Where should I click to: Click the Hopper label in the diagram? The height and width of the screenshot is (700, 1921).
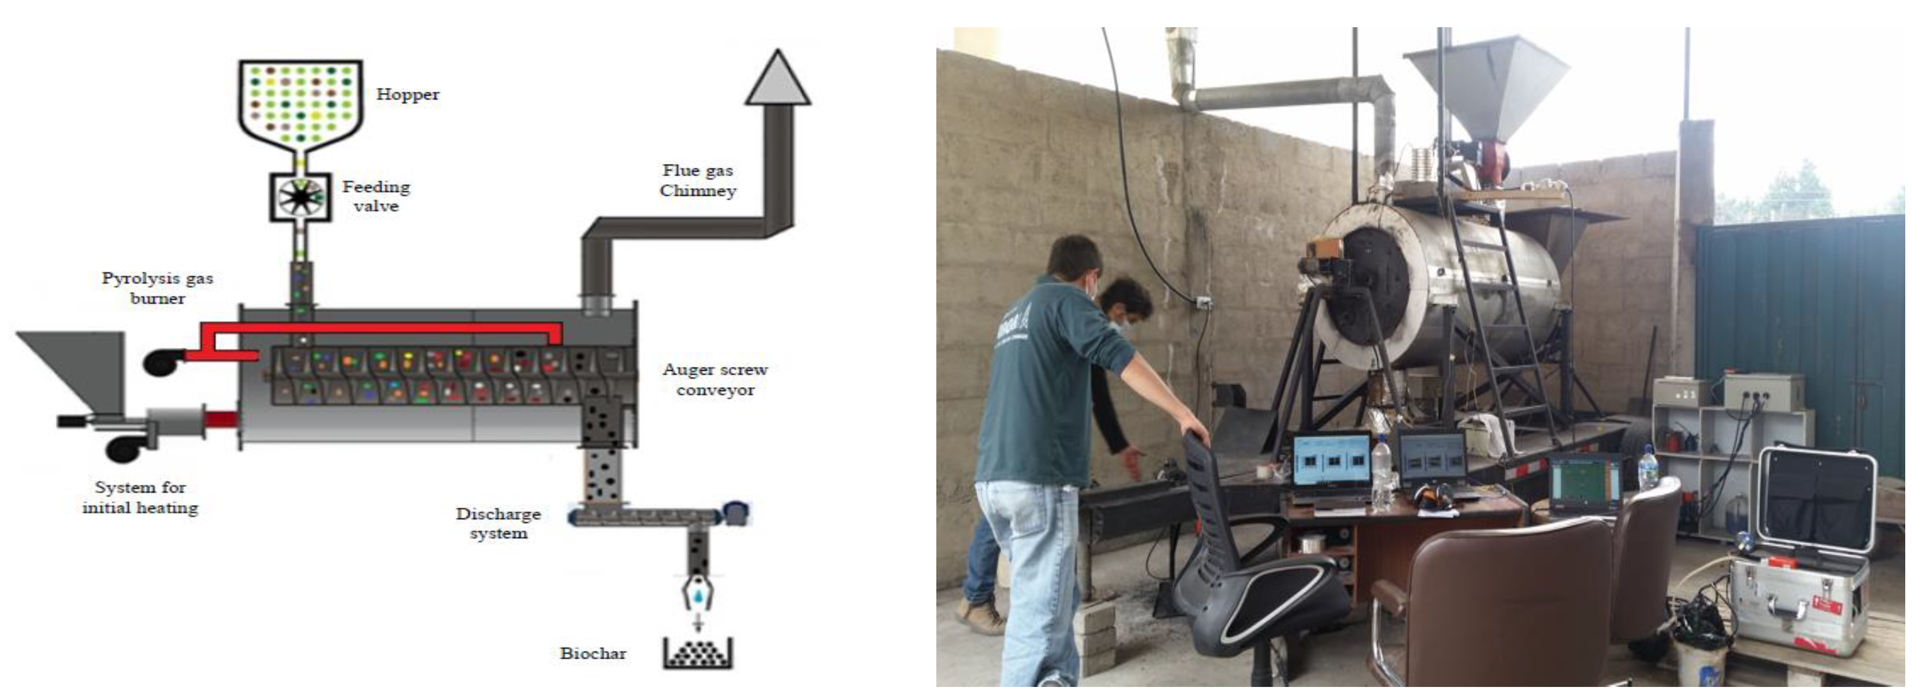coord(407,95)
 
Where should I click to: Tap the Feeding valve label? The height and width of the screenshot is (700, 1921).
coord(376,196)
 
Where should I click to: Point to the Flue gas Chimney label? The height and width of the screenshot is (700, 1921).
coord(697,180)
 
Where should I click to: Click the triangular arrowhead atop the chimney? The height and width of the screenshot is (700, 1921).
coord(778,78)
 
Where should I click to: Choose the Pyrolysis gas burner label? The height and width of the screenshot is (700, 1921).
coord(158,288)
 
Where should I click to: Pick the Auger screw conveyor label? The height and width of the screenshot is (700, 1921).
coord(715,379)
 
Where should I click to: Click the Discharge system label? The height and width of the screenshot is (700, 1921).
coord(498,523)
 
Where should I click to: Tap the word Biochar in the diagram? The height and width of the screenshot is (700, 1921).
coord(593,654)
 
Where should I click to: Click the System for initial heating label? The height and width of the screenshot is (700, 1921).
coord(140,497)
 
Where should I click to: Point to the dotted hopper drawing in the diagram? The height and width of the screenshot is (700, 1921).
coord(300,104)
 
